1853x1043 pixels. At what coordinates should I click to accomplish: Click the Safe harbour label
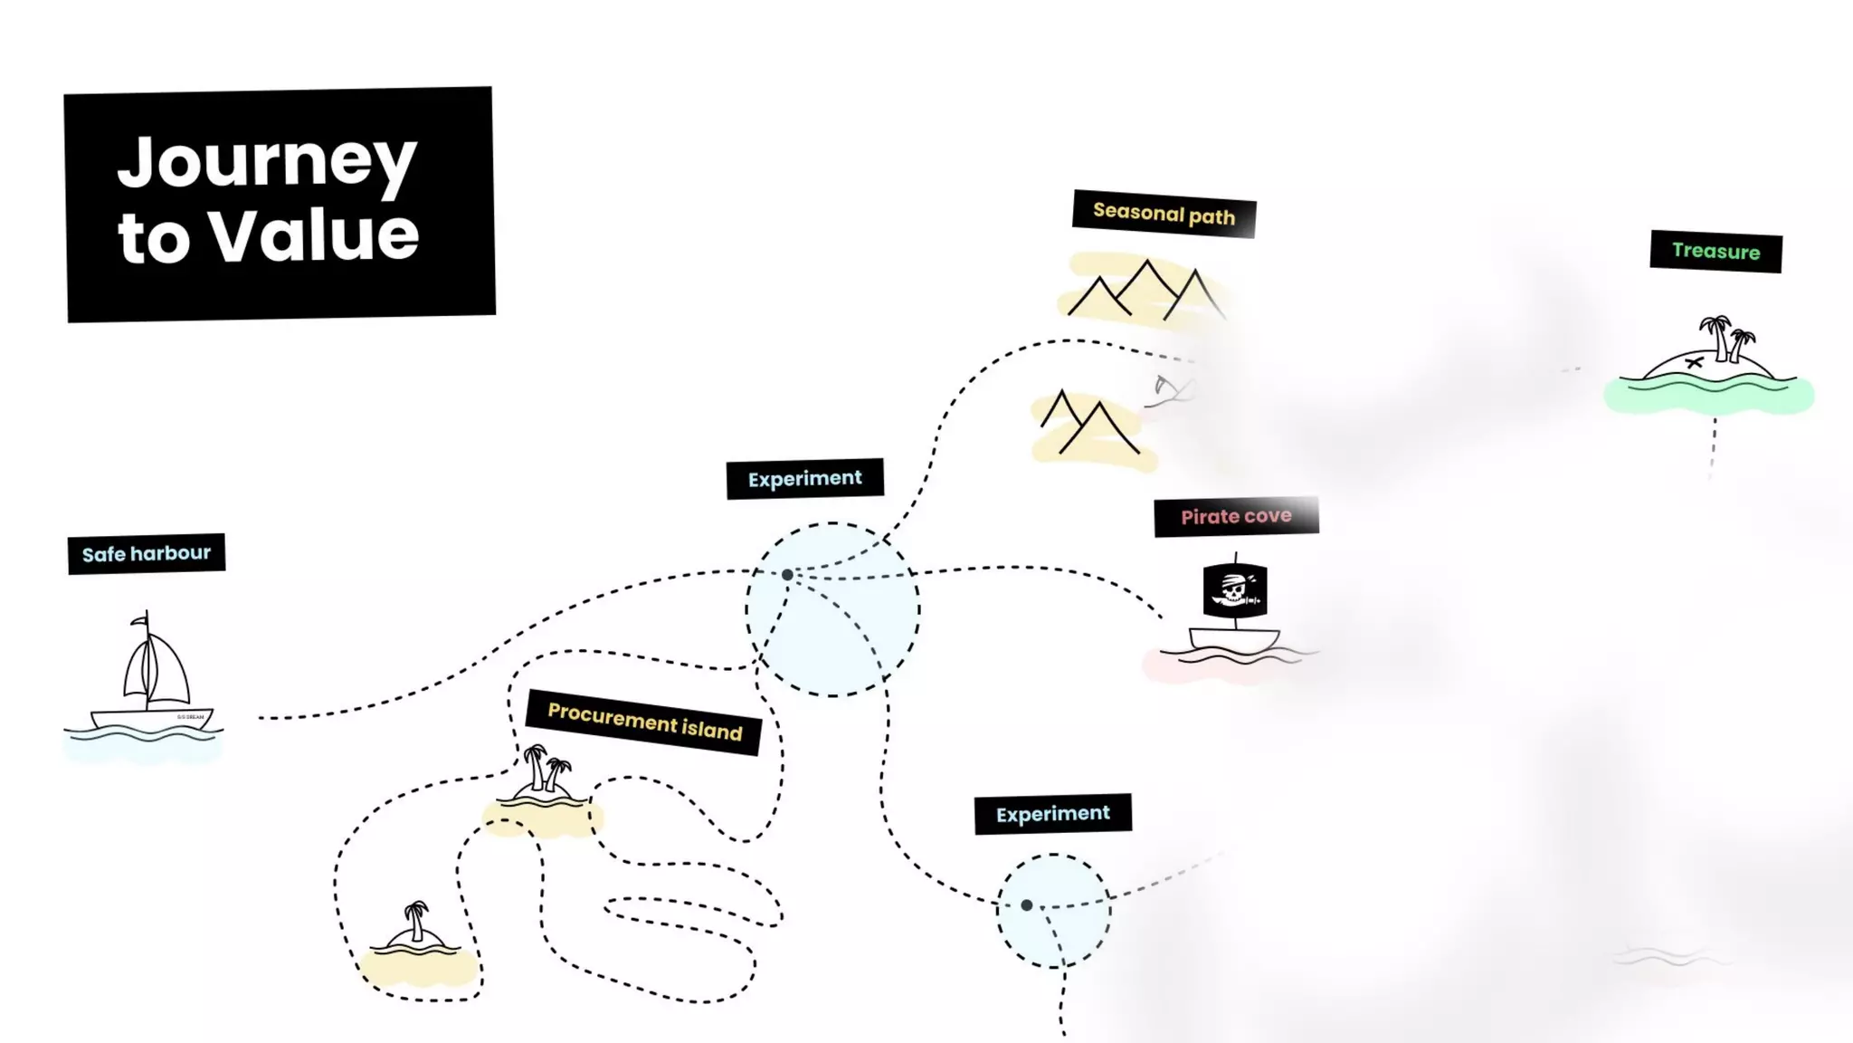point(147,553)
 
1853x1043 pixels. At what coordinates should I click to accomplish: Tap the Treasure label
point(1715,251)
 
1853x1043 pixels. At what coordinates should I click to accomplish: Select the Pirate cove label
point(1236,516)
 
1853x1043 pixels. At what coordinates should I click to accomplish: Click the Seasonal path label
point(1164,214)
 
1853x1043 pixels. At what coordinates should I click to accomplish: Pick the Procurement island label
point(644,722)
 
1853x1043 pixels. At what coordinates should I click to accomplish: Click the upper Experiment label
point(804,478)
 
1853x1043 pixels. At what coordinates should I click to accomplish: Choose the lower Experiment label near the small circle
point(1052,814)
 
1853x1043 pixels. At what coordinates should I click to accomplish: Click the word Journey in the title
point(267,163)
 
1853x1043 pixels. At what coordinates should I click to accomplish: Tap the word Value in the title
point(314,237)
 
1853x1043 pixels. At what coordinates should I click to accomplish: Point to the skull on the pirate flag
point(1233,589)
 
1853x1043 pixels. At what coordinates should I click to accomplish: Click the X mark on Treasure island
point(1694,363)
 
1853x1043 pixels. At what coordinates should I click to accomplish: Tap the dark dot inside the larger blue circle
point(787,575)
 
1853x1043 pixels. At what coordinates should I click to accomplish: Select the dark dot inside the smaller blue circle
point(1026,904)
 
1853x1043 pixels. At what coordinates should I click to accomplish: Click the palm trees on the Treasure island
point(1726,337)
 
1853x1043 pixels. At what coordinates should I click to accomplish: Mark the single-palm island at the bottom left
point(415,933)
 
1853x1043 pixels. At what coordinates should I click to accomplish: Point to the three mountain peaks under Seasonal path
point(1145,290)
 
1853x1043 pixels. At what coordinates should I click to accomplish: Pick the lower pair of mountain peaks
point(1089,423)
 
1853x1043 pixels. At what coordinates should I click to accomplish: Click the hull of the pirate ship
point(1233,639)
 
